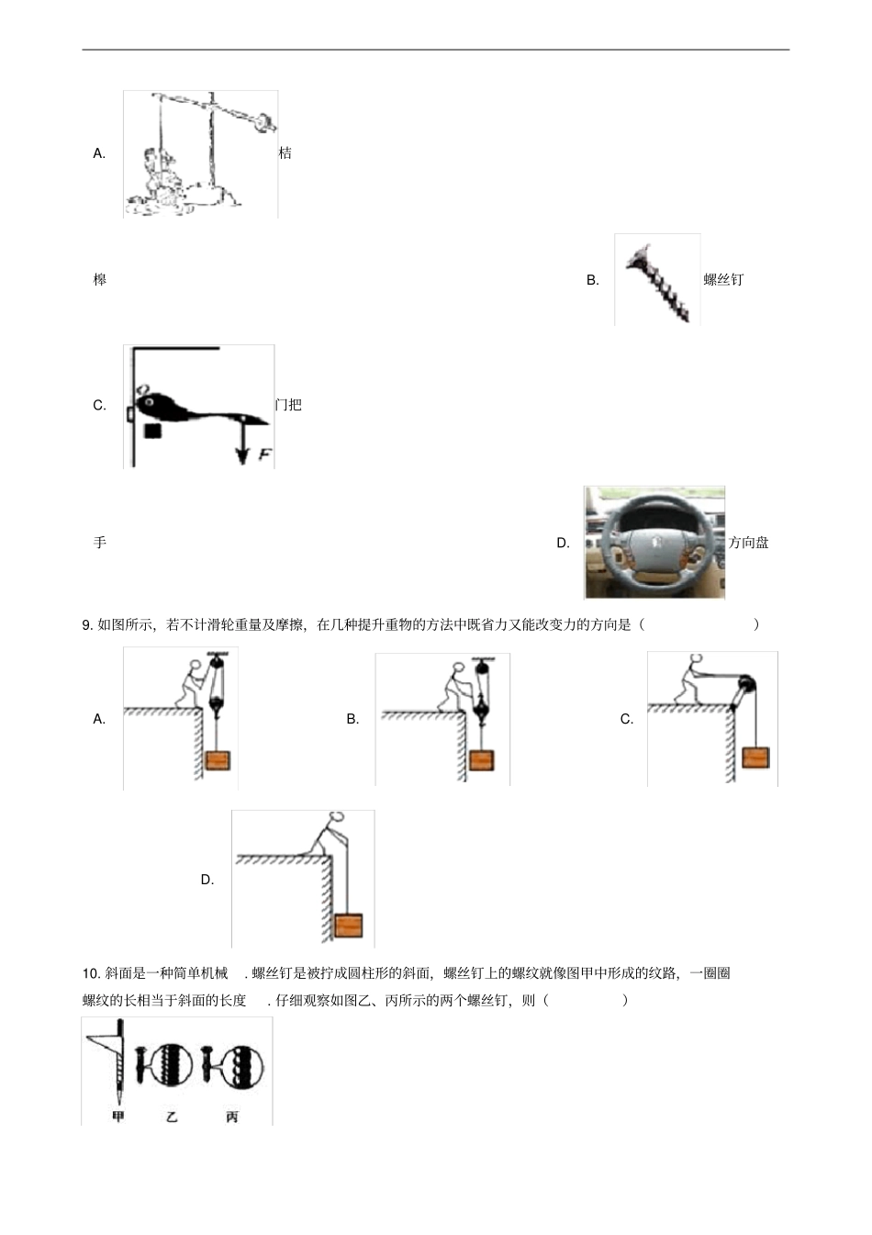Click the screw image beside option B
click(x=657, y=281)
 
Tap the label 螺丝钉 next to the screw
click(x=723, y=280)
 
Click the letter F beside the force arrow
click(x=264, y=454)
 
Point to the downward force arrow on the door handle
click(x=242, y=441)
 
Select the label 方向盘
click(x=748, y=543)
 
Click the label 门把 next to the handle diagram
click(x=288, y=405)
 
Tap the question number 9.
click(x=88, y=625)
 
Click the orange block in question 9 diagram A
click(x=218, y=760)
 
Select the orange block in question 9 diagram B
click(x=482, y=760)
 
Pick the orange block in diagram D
click(x=348, y=925)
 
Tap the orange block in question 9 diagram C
click(x=755, y=758)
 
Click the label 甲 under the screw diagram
click(x=117, y=1117)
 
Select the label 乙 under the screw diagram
click(x=172, y=1117)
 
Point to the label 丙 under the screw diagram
click(x=232, y=1117)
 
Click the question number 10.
click(x=91, y=973)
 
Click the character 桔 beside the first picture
click(x=285, y=153)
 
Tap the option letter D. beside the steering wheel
click(x=564, y=543)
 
